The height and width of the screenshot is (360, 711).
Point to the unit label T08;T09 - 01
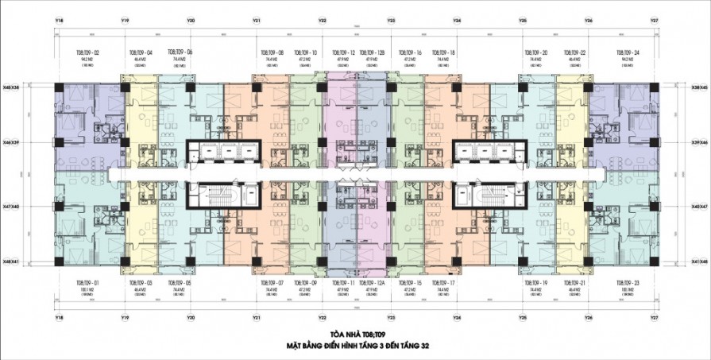point(87,283)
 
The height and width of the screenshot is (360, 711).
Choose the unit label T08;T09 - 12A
point(371,283)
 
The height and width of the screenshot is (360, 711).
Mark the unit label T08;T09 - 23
point(628,283)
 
